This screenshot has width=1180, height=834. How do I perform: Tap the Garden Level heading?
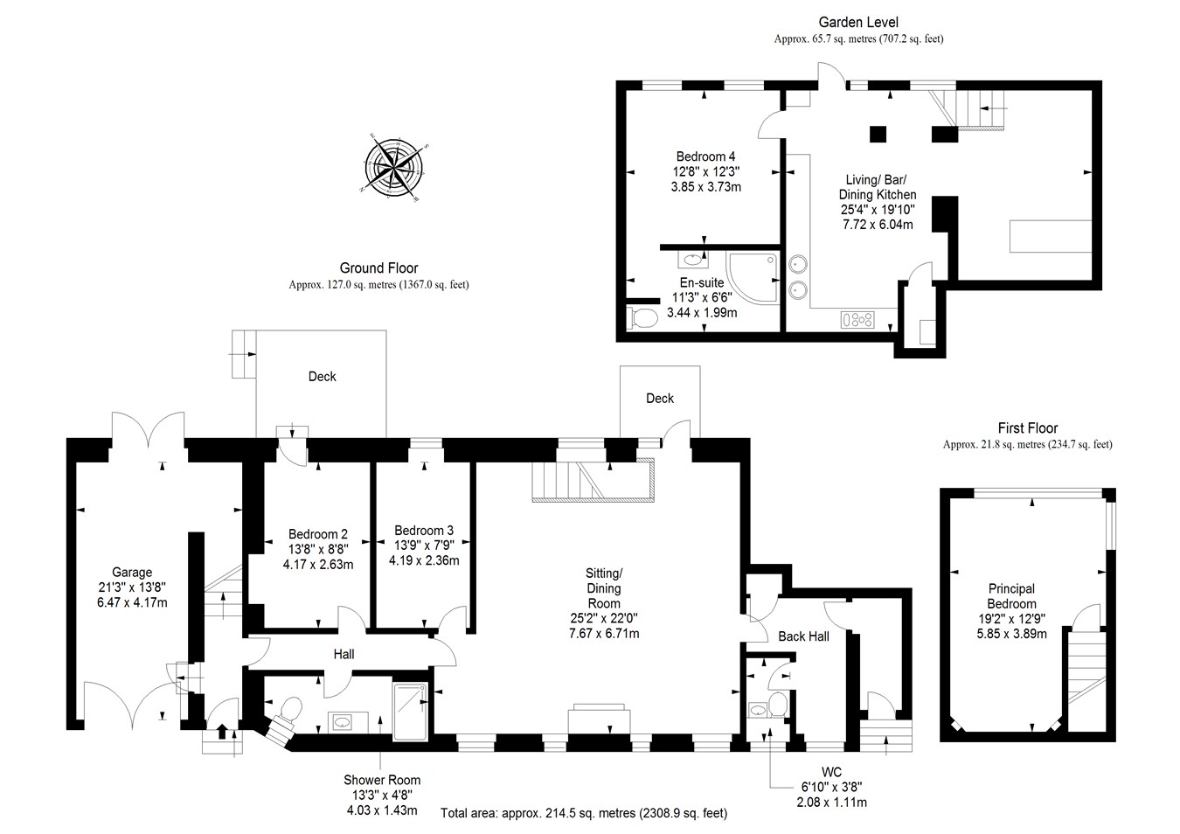pos(857,22)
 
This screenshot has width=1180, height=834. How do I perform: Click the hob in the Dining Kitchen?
pos(857,320)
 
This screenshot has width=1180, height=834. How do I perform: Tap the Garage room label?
pos(131,573)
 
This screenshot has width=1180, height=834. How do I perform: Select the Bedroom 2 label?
pos(318,534)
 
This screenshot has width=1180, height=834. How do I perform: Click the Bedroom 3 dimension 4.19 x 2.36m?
pos(424,560)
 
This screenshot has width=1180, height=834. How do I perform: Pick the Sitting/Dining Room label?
pos(603,587)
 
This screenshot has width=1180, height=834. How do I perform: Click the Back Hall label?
pos(803,636)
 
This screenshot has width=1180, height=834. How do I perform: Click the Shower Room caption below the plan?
pos(382,780)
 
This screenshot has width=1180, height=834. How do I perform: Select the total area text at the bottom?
pos(583,813)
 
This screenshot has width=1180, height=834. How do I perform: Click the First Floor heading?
pos(1027,428)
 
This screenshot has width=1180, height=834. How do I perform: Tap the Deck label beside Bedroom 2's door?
pos(322,376)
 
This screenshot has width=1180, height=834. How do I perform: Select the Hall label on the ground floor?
pos(344,654)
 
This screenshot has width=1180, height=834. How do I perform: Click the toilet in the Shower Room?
pos(288,709)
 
